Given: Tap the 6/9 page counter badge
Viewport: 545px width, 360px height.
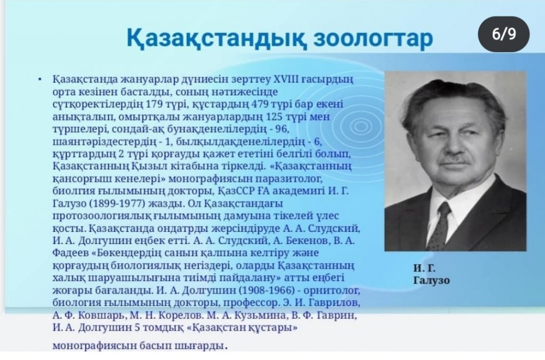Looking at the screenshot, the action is click(504, 34).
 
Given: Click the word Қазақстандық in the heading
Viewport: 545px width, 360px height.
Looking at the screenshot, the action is click(217, 38).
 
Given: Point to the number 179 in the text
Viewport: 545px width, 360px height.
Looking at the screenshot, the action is click(155, 104).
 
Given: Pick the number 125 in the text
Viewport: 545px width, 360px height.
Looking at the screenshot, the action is click(275, 116).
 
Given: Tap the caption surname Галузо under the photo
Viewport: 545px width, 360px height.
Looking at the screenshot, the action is click(431, 280).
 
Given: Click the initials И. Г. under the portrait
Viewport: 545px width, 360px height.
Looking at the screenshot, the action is click(424, 268).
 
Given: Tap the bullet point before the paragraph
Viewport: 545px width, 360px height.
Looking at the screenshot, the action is click(40, 80).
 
